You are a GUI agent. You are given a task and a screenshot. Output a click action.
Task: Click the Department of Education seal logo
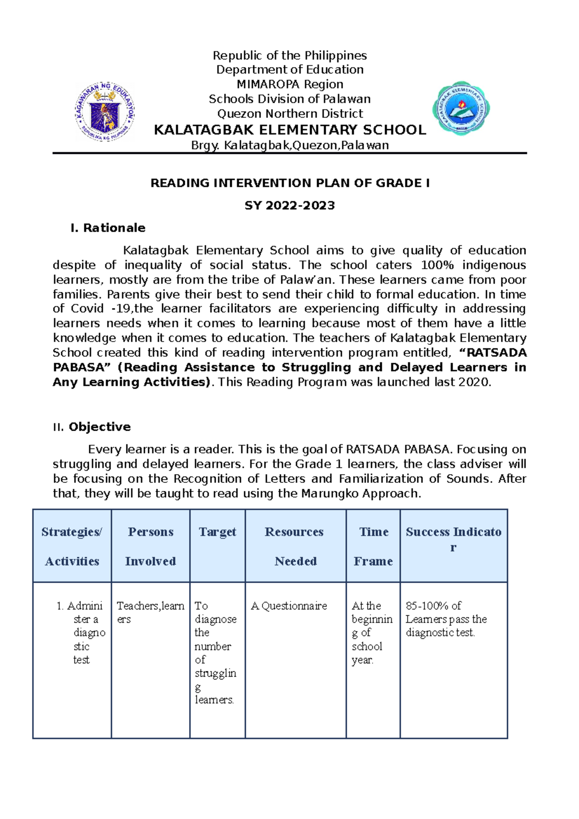[105, 111]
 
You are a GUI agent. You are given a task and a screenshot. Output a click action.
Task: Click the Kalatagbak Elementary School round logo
[461, 108]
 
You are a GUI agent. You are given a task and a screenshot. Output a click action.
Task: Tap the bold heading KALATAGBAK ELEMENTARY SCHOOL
[289, 130]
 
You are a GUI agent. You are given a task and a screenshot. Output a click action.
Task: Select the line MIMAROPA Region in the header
[289, 84]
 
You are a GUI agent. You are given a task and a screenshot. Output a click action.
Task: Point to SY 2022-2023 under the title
[289, 205]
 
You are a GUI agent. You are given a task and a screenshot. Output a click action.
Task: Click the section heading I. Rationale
[108, 228]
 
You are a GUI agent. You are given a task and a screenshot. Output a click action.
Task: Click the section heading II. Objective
[92, 427]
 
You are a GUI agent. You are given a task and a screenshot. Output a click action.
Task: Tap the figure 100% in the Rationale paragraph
[437, 265]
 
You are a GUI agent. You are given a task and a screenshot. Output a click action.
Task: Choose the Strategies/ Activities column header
[72, 546]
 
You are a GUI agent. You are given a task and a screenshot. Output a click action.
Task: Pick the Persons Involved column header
[151, 546]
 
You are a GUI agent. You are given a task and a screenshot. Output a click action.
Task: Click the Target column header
[217, 532]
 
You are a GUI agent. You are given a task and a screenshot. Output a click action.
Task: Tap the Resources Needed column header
[295, 546]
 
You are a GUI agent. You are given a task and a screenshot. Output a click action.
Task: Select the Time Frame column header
[373, 546]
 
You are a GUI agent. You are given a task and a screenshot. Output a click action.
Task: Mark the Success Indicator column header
[453, 539]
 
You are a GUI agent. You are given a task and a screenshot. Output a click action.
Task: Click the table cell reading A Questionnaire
[289, 606]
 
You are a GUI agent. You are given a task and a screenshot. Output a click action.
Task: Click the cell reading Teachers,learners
[150, 612]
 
